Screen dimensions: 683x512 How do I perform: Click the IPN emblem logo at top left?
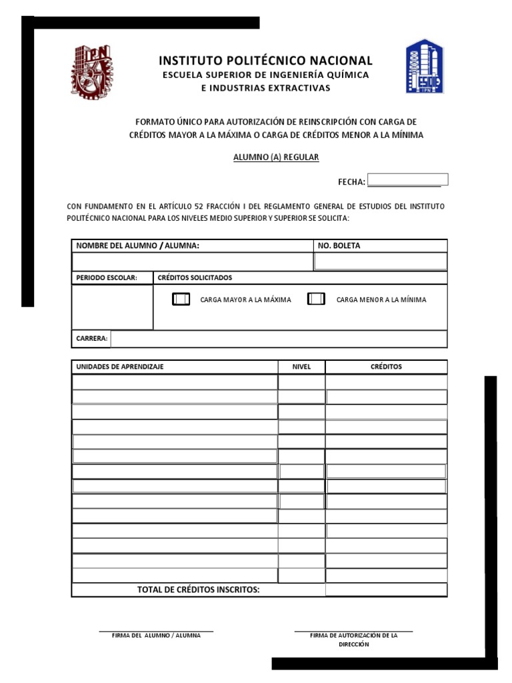click(x=93, y=71)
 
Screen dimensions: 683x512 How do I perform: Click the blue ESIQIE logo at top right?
click(x=424, y=66)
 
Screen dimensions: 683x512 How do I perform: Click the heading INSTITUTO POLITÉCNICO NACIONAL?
click(x=265, y=61)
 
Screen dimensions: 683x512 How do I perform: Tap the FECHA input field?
click(x=408, y=179)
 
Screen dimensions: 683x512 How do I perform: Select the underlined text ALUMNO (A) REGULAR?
click(x=275, y=157)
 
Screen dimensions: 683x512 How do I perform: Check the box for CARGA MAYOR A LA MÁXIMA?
click(x=181, y=299)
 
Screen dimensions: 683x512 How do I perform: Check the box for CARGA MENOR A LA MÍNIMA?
click(x=316, y=299)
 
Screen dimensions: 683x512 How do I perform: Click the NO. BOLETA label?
click(x=339, y=246)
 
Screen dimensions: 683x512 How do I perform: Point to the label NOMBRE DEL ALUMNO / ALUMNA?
click(x=138, y=246)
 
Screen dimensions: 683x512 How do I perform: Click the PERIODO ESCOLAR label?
click(x=107, y=277)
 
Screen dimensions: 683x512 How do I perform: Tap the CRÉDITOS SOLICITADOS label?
click(x=195, y=277)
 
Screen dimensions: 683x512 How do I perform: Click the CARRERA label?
click(x=92, y=339)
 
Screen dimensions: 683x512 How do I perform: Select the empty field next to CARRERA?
click(x=279, y=339)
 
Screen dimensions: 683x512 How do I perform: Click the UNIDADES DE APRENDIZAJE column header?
click(x=120, y=367)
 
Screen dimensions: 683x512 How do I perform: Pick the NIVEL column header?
click(x=301, y=367)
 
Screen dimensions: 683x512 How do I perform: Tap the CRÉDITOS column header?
click(x=386, y=367)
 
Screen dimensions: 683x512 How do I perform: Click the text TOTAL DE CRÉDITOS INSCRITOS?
click(x=198, y=590)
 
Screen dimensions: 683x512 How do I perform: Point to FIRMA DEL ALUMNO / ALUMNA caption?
click(x=156, y=636)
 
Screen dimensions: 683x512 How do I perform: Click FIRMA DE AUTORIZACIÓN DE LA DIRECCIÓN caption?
click(x=353, y=640)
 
